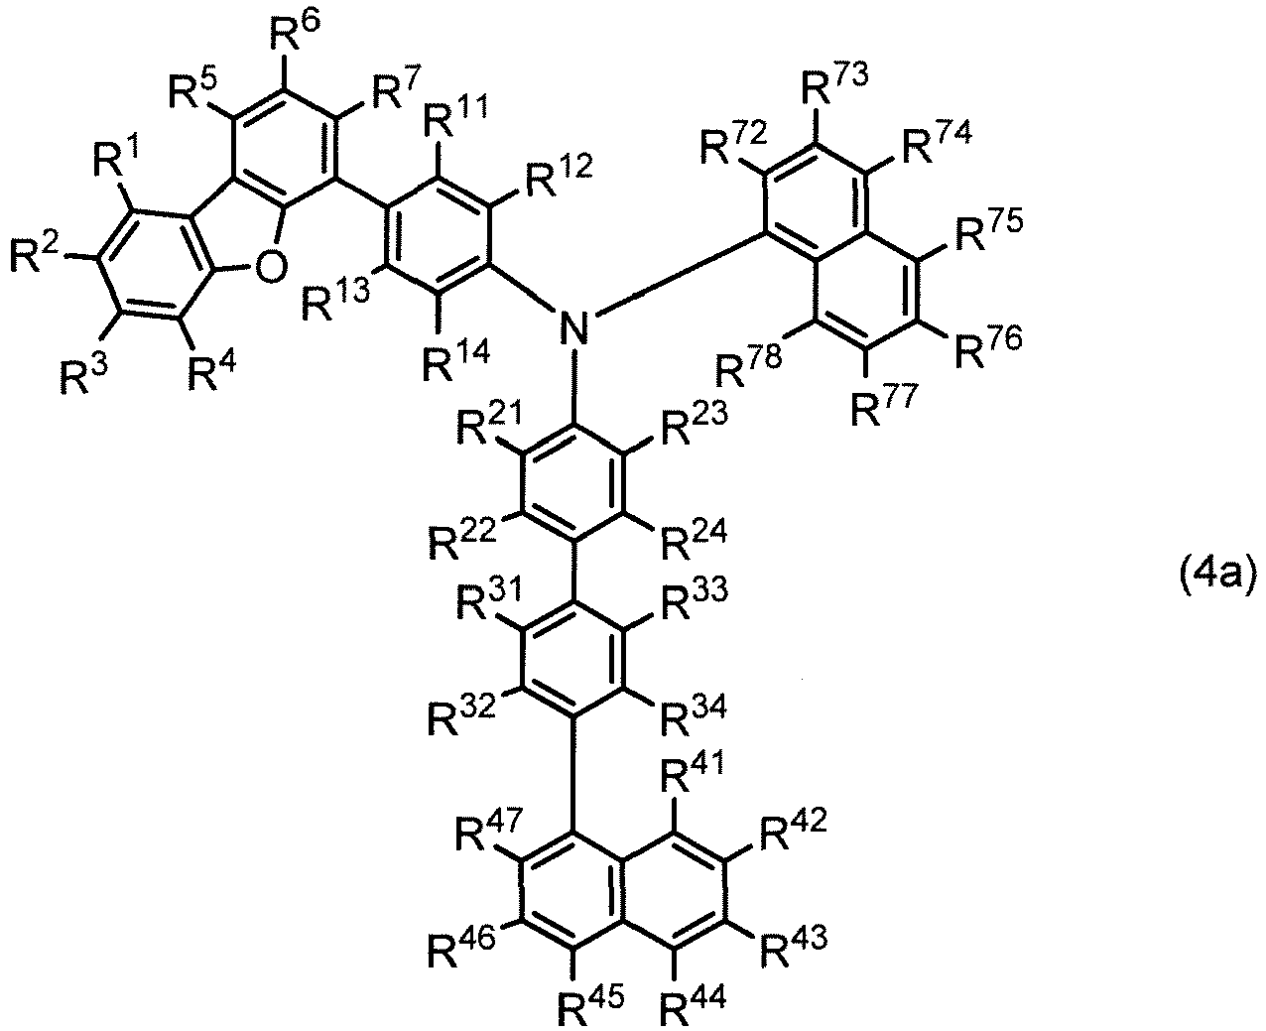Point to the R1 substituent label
point(116,157)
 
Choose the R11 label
point(454,117)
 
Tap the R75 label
point(989,229)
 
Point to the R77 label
point(884,404)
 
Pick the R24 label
point(694,540)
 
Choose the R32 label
point(461,715)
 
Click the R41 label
point(694,776)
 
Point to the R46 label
point(461,947)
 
